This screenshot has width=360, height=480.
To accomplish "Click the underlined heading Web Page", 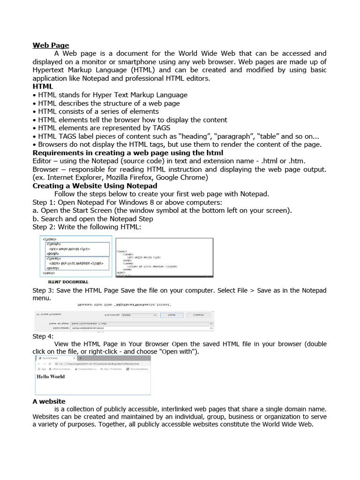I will tap(51, 45).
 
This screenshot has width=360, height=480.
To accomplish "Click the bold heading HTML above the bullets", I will tap(43, 87).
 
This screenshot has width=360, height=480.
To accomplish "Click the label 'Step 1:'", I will tap(44, 202).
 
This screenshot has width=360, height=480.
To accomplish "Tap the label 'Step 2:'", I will tap(44, 227).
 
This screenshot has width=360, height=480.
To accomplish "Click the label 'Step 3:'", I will tap(44, 291).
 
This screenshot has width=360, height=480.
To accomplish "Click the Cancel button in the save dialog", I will tap(198, 315).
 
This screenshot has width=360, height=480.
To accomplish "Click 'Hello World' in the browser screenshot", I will tap(51, 376).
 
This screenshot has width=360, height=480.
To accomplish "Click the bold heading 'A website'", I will tap(49, 401).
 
